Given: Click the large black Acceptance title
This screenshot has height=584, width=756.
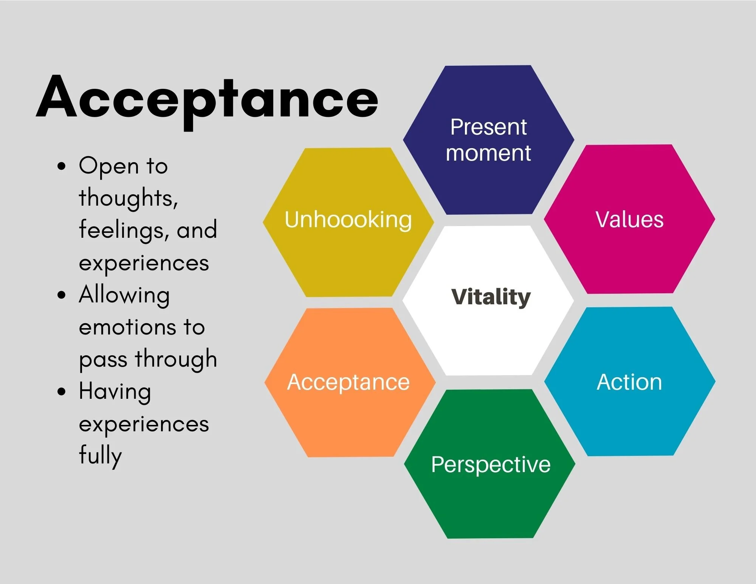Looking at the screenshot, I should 207,99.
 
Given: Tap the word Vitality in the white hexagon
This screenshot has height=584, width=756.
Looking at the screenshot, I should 491,297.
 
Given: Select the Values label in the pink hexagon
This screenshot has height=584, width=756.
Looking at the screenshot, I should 629,219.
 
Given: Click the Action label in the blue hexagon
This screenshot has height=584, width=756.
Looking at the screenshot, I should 629,382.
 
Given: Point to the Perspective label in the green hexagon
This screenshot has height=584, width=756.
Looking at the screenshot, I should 491,465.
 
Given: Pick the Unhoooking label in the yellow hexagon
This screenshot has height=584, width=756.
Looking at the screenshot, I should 348,220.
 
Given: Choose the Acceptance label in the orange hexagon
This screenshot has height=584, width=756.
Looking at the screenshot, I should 348,382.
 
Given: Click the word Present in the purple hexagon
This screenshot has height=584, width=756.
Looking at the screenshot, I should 488,127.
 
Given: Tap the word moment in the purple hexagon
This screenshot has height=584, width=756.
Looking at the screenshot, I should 488,153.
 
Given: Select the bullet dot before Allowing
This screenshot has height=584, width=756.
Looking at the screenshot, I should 62,295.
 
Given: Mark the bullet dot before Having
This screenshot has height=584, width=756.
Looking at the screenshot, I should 62,392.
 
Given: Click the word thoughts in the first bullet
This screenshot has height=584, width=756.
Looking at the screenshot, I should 128,198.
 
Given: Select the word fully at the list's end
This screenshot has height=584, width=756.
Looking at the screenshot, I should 100,455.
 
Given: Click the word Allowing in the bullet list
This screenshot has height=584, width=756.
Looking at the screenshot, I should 124,295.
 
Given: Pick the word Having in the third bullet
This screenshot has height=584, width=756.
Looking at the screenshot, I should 115,392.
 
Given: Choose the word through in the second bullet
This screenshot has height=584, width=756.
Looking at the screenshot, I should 176,359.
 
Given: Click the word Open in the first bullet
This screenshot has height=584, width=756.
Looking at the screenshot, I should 109,166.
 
